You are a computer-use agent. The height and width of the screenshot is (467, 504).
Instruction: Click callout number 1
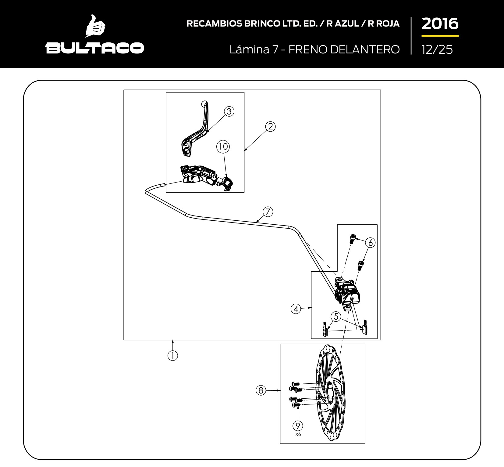(173, 356)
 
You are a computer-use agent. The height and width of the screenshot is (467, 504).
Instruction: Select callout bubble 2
(271, 126)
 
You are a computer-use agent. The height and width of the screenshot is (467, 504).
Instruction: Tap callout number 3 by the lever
(229, 111)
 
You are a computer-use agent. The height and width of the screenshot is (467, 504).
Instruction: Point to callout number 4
(296, 309)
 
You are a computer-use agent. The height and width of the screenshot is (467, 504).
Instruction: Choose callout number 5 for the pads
(336, 317)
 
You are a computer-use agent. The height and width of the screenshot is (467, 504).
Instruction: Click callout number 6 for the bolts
(371, 243)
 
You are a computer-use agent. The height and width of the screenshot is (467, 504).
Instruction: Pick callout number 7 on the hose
(268, 212)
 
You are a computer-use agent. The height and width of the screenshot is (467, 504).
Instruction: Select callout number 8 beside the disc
(261, 390)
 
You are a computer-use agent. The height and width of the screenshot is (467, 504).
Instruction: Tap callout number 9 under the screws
(298, 425)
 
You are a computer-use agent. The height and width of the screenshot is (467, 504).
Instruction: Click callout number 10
(223, 147)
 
